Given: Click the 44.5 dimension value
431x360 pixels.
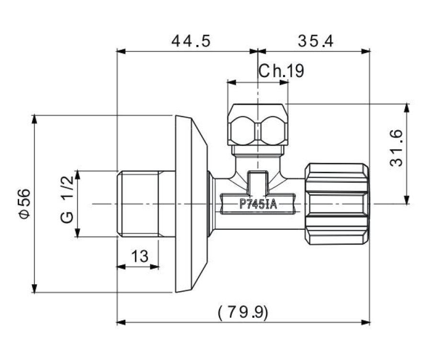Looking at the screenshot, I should (x=191, y=41).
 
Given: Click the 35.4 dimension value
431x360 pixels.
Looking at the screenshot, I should (x=315, y=41).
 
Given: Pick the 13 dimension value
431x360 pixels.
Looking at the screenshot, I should (x=140, y=256).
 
